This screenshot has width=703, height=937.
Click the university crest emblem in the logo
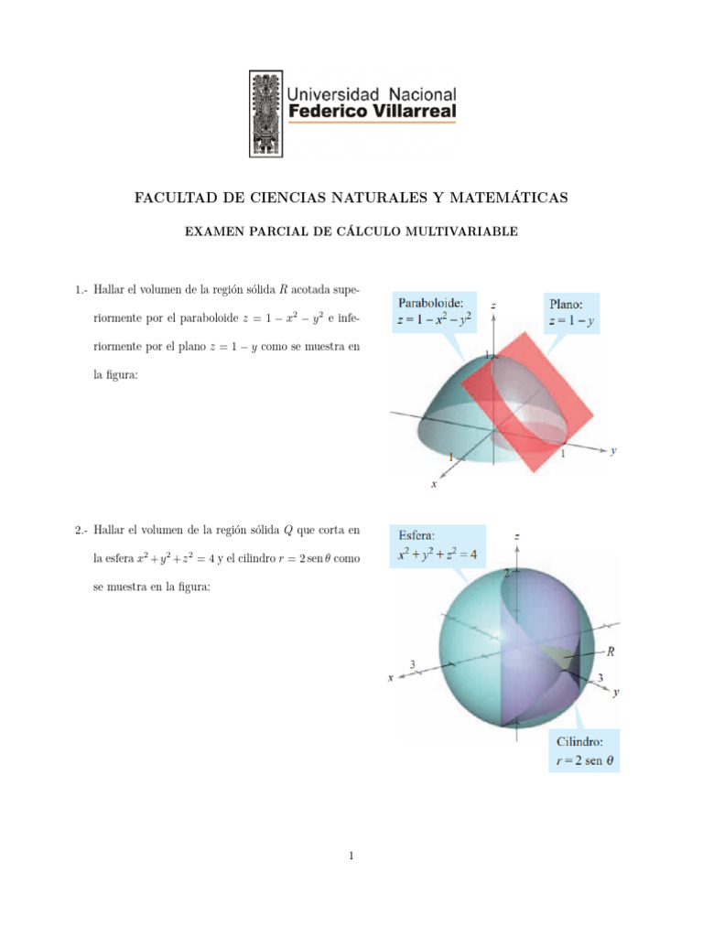coord(266,113)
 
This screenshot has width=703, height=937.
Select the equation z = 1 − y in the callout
coord(572,320)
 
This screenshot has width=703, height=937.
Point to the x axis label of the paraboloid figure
coord(434,485)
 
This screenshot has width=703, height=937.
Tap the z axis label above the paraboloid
coord(493,303)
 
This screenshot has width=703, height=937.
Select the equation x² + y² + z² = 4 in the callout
coord(441,554)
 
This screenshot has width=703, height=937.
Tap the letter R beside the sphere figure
coord(611,652)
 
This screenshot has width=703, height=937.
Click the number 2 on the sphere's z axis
coord(506,573)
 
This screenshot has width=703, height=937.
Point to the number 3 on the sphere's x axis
coord(413,664)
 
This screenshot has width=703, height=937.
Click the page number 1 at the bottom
coord(351,856)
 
